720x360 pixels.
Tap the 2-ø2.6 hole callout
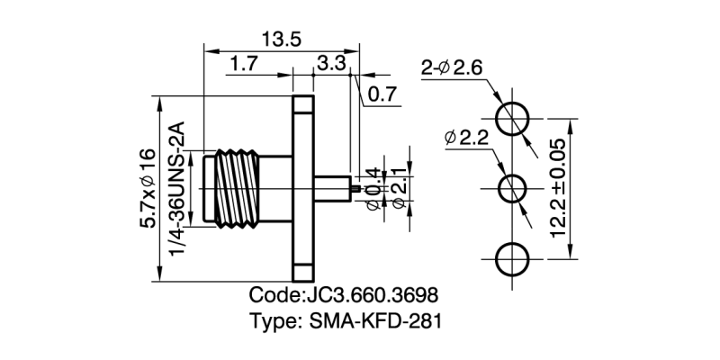tap(453, 68)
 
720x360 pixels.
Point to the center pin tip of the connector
tap(358, 189)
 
